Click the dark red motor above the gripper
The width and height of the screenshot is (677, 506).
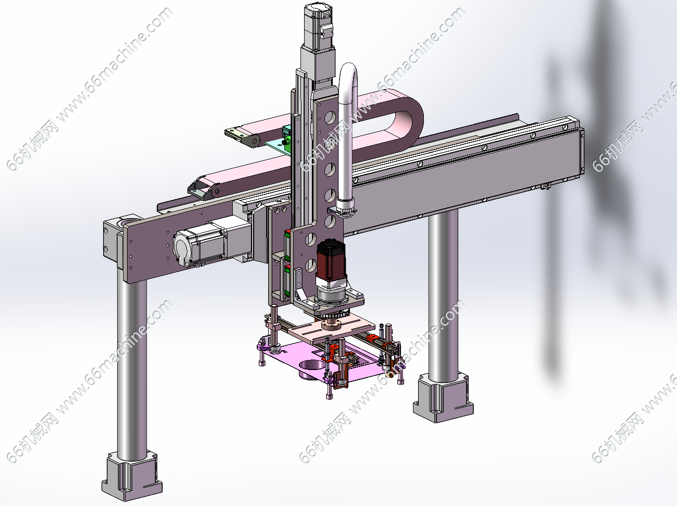tap(331, 259)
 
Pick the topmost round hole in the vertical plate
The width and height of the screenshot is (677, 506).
tap(330, 118)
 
